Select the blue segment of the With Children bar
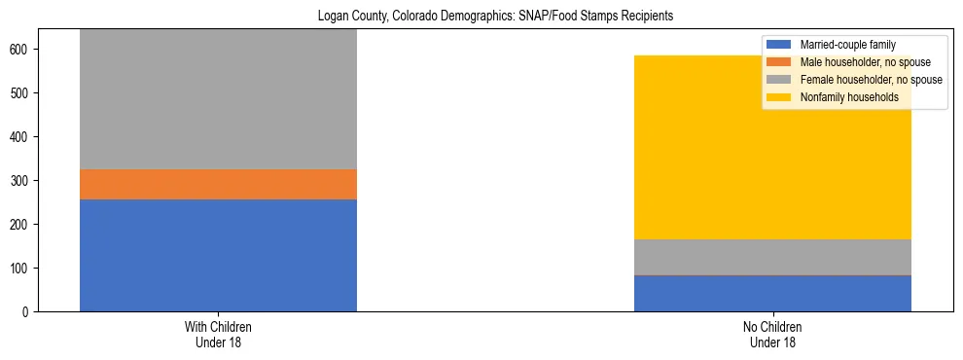(218, 255)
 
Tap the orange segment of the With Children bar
(218, 184)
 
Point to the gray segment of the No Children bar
(772, 257)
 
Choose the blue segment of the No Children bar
(772, 294)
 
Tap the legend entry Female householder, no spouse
(871, 80)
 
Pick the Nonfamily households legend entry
(849, 97)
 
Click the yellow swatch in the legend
(780, 97)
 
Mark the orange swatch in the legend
(780, 62)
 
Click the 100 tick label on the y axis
(25, 269)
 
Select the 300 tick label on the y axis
(25, 181)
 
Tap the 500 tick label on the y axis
(25, 93)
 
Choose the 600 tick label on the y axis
(25, 50)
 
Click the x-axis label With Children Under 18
(218, 335)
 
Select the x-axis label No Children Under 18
(772, 335)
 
